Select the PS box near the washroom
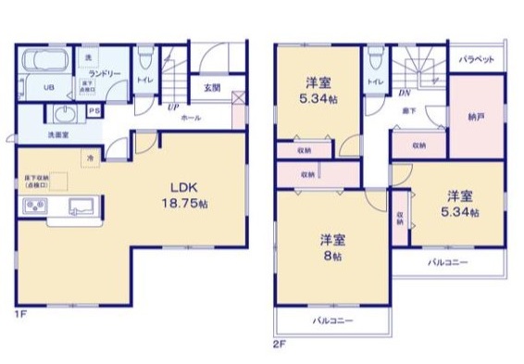94,109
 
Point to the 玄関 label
212,89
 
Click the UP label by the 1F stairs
172,107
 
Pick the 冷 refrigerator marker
91,158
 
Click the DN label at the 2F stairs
405,94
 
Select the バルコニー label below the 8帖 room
327,320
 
